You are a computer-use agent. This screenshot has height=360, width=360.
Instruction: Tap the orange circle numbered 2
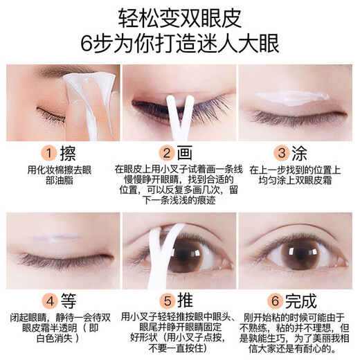point(166,152)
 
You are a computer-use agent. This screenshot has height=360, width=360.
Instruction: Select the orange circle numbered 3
point(281,152)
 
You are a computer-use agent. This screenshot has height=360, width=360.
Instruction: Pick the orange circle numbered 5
point(166,300)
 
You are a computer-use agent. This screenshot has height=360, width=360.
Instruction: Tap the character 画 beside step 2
point(186,152)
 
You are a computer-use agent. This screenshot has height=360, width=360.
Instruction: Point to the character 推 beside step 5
point(186,300)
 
